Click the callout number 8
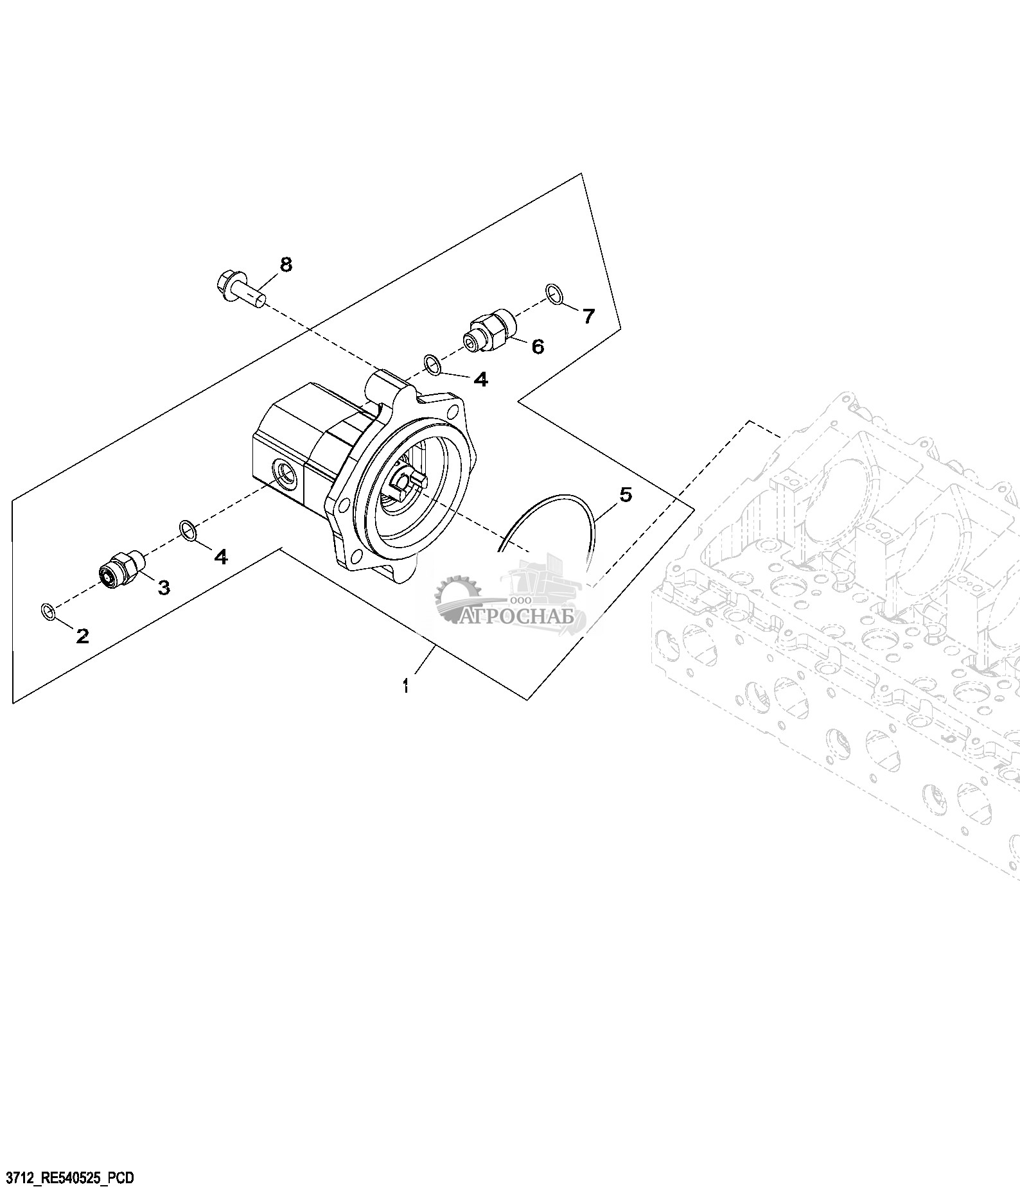point(286,264)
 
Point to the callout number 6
point(537,347)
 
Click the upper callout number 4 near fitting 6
point(481,380)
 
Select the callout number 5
point(625,494)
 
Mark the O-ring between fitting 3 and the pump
point(188,530)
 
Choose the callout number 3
point(164,587)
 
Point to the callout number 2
point(82,636)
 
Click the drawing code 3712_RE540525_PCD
point(69,1177)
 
